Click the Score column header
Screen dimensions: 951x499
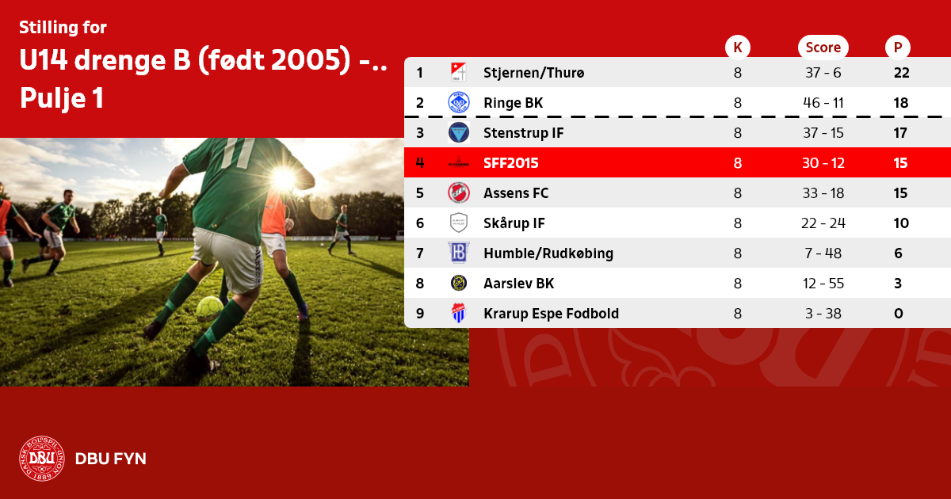point(823,47)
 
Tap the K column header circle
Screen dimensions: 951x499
point(738,47)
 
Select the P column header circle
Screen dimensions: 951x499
point(897,47)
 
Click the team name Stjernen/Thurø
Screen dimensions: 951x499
point(533,73)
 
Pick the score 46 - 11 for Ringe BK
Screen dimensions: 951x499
point(823,103)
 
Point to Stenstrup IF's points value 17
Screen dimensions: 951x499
point(900,133)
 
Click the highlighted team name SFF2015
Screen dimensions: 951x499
point(510,163)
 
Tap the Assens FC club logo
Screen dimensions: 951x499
point(459,193)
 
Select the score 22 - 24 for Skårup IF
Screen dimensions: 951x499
point(823,223)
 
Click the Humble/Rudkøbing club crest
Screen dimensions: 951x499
point(459,253)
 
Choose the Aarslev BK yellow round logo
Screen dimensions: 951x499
point(459,283)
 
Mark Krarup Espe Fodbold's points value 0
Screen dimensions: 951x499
point(899,314)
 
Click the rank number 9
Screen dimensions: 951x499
point(420,314)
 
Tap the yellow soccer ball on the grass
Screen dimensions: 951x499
point(209,308)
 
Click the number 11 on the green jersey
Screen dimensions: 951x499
point(239,153)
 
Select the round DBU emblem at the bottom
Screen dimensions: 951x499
point(41,459)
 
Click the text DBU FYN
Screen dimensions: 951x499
point(110,459)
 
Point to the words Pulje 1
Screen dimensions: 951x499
point(62,98)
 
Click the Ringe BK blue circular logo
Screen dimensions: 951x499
point(459,103)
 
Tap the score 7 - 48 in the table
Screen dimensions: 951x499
point(823,253)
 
